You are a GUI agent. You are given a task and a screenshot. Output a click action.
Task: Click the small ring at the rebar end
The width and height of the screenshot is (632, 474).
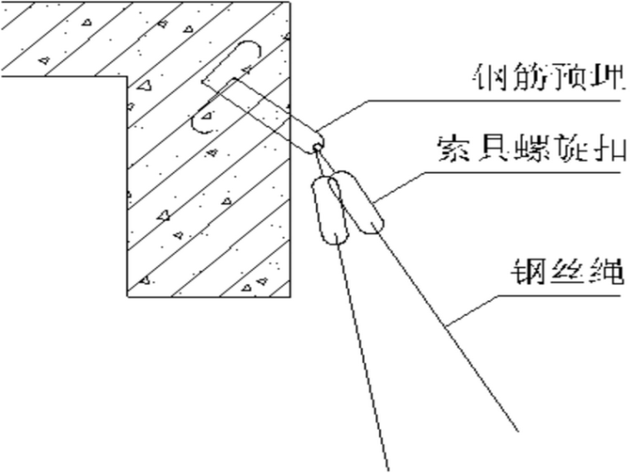tap(317, 148)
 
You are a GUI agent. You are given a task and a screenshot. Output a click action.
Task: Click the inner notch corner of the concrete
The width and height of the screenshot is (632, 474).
tap(126, 77)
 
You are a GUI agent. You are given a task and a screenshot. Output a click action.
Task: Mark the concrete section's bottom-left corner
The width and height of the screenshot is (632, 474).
tap(127, 295)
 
